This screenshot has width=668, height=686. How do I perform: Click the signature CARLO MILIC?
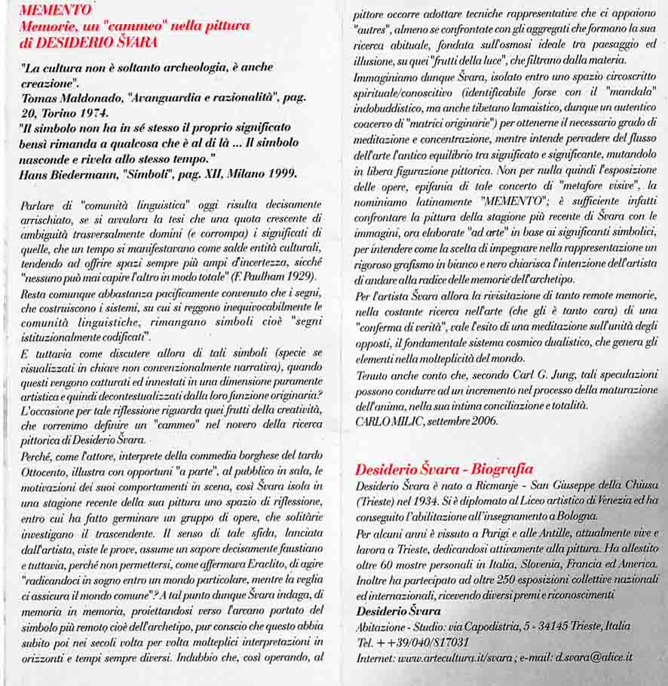pyautogui.click(x=388, y=421)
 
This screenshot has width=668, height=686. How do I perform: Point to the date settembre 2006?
pyautogui.click(x=461, y=421)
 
